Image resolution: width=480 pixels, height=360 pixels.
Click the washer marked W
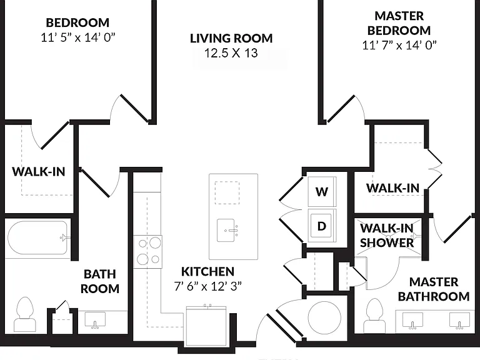click(x=322, y=192)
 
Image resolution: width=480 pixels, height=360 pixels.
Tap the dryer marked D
click(x=322, y=226)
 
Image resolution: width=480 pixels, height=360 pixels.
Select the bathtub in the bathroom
click(x=37, y=238)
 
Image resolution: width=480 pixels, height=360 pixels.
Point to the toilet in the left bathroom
click(x=25, y=314)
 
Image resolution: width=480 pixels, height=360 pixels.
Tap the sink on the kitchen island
click(x=227, y=230)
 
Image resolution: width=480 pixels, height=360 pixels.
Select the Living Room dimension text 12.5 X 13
click(x=231, y=53)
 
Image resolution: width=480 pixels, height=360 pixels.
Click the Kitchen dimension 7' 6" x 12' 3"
click(x=208, y=286)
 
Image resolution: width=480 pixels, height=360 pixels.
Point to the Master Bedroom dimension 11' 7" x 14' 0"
click(x=399, y=45)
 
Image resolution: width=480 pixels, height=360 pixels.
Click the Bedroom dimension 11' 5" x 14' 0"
click(x=77, y=37)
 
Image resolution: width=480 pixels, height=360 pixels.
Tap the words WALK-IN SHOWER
click(x=387, y=236)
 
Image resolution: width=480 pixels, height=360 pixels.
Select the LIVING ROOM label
click(x=231, y=38)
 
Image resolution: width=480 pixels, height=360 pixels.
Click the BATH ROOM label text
click(x=100, y=281)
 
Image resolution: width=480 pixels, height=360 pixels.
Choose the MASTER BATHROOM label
click(x=434, y=289)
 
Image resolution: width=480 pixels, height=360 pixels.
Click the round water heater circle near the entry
click(x=324, y=317)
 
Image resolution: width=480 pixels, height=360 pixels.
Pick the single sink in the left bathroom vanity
click(x=95, y=320)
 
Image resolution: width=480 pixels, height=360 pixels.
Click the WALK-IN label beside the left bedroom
click(x=39, y=171)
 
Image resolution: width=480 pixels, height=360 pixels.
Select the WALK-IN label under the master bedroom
click(x=392, y=188)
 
